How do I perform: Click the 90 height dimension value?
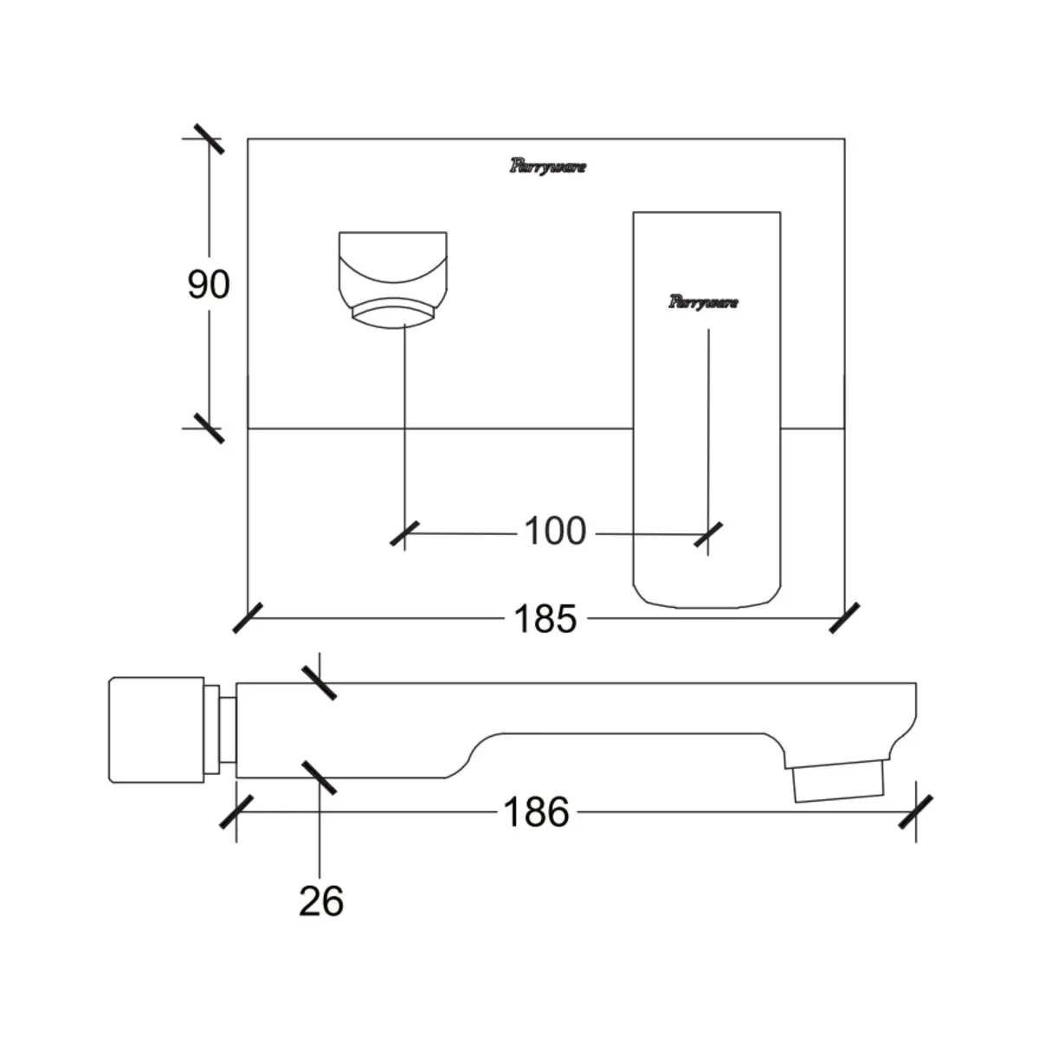209,285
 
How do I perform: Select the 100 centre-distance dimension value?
555,531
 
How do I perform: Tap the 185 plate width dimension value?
545,618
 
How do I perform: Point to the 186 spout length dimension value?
537,812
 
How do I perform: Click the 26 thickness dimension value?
321,901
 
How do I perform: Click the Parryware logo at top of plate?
548,167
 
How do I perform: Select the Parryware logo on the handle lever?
704,302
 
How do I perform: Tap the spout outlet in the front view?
393,280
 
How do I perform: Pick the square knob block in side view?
157,730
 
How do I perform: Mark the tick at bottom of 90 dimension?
210,429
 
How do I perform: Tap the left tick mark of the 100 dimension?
404,534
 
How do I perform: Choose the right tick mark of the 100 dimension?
708,535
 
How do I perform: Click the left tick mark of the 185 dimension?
248,618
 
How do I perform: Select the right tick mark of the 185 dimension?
844,618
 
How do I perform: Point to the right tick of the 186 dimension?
915,812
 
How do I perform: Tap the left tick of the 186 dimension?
236,812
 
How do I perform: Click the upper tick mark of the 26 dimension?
319,683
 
